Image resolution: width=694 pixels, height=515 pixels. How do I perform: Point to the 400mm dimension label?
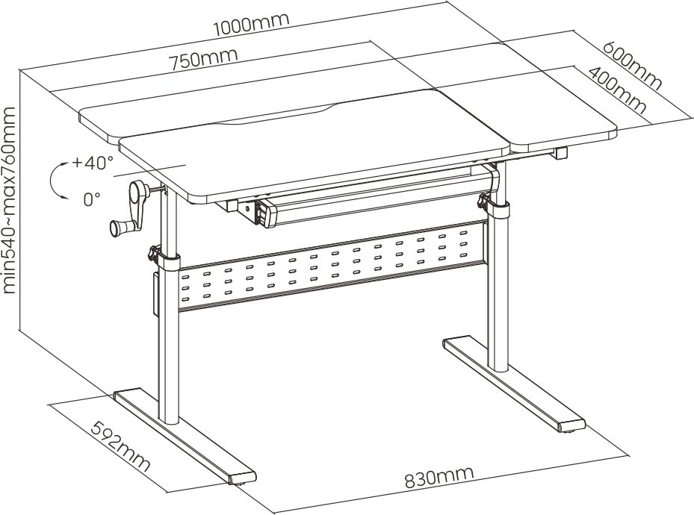tap(616, 90)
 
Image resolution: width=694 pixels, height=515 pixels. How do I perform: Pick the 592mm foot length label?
tap(120, 446)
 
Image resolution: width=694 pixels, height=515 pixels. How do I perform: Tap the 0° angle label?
tap(92, 199)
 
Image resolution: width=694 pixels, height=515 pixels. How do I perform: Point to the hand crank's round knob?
tap(117, 228)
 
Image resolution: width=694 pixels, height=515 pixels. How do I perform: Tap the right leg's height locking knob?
tap(483, 201)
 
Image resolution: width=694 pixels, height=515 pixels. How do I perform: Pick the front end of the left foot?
tap(243, 478)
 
